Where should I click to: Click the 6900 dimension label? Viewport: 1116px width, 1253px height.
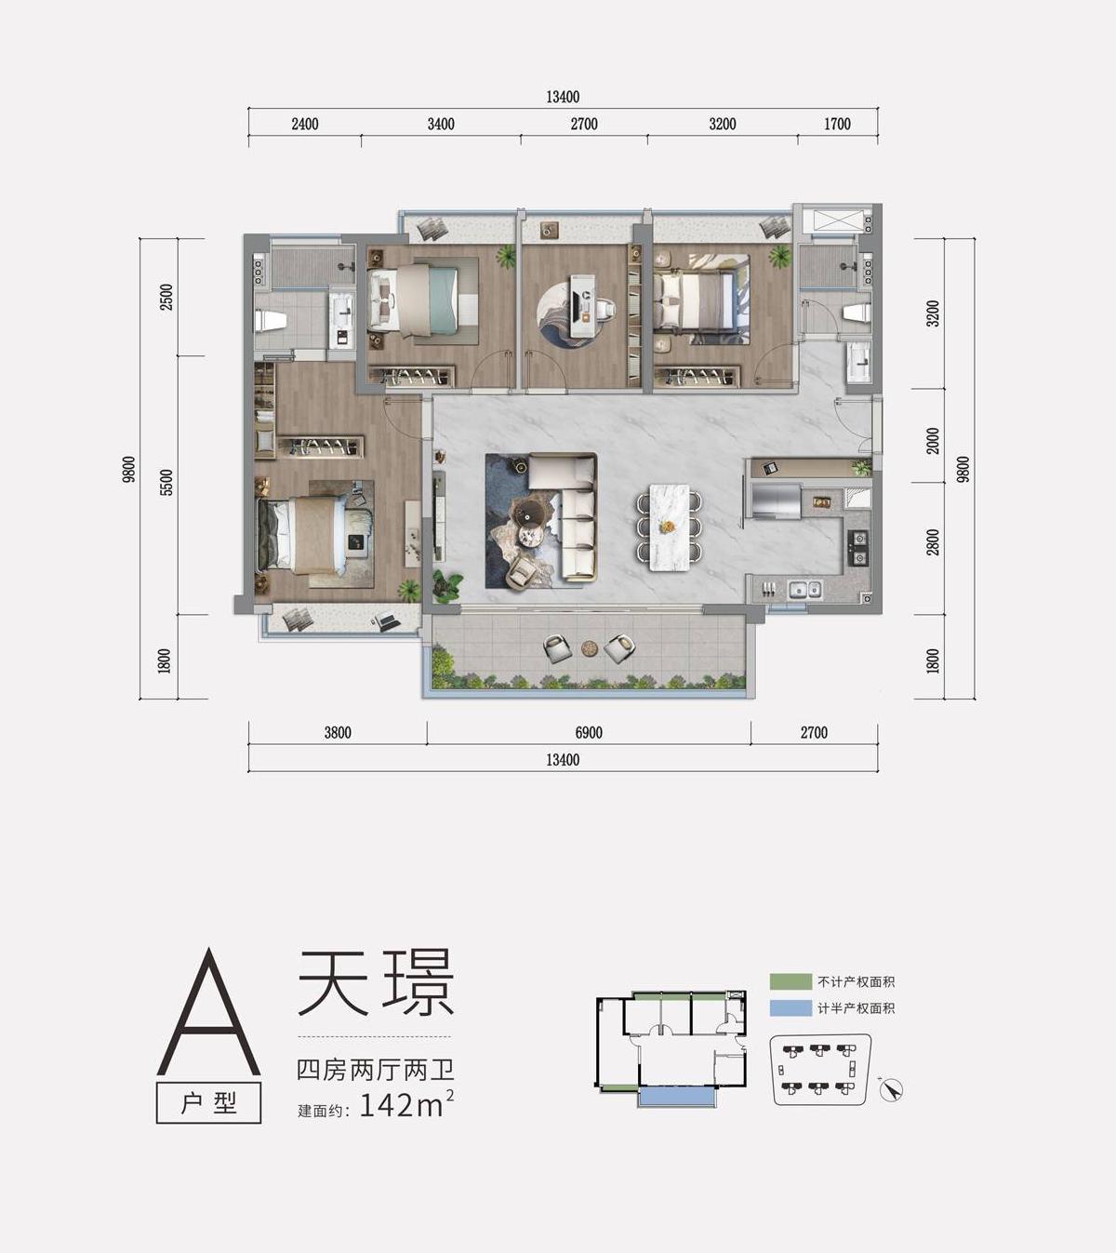589,733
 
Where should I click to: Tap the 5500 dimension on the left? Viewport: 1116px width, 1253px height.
166,483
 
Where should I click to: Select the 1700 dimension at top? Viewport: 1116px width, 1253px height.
837,124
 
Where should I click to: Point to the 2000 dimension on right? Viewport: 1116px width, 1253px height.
933,441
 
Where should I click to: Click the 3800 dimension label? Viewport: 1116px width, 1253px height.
338,733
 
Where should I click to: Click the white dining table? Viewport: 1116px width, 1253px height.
668,527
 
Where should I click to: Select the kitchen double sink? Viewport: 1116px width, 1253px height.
804,589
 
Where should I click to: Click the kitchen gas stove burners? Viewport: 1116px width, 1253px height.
858,548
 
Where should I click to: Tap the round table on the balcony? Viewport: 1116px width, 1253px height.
589,647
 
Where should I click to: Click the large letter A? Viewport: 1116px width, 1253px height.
208,1014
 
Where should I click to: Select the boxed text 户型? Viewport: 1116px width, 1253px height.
209,1103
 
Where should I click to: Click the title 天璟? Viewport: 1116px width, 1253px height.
375,982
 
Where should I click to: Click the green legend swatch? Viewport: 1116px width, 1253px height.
790,981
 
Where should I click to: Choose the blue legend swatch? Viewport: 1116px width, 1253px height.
790,1008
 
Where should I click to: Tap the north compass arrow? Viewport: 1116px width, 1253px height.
891,1089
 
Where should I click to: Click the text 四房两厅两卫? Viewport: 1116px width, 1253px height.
375,1070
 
